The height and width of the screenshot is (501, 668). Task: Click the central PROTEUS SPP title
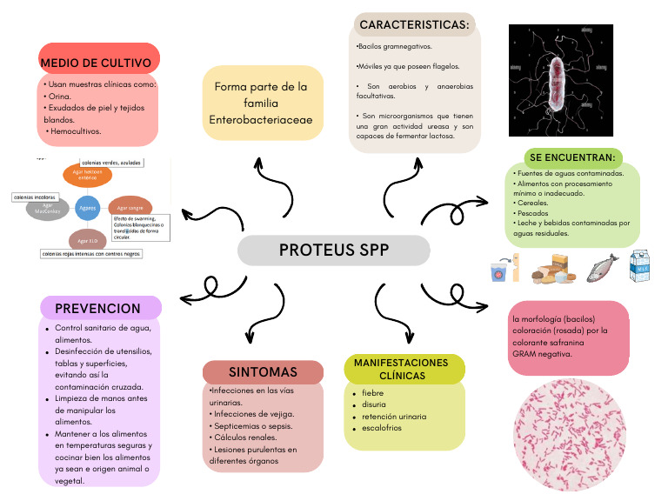pyautogui.click(x=334, y=250)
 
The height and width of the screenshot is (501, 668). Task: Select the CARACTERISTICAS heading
pyautogui.click(x=413, y=25)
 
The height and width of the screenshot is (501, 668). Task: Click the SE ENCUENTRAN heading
pyautogui.click(x=572, y=157)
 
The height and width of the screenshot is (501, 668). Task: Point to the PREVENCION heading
pyautogui.click(x=97, y=308)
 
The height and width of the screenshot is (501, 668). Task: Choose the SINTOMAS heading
pyautogui.click(x=263, y=371)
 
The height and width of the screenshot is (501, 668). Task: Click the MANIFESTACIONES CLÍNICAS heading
pyautogui.click(x=401, y=369)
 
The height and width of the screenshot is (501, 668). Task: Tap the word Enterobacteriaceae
pyautogui.click(x=261, y=118)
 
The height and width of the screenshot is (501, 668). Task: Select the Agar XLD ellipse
pyautogui.click(x=87, y=240)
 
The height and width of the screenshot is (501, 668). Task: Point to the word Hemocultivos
pyautogui.click(x=76, y=131)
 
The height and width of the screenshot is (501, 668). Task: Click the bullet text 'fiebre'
pyautogui.click(x=373, y=393)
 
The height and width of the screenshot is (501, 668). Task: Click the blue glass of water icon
pyautogui.click(x=499, y=270)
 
